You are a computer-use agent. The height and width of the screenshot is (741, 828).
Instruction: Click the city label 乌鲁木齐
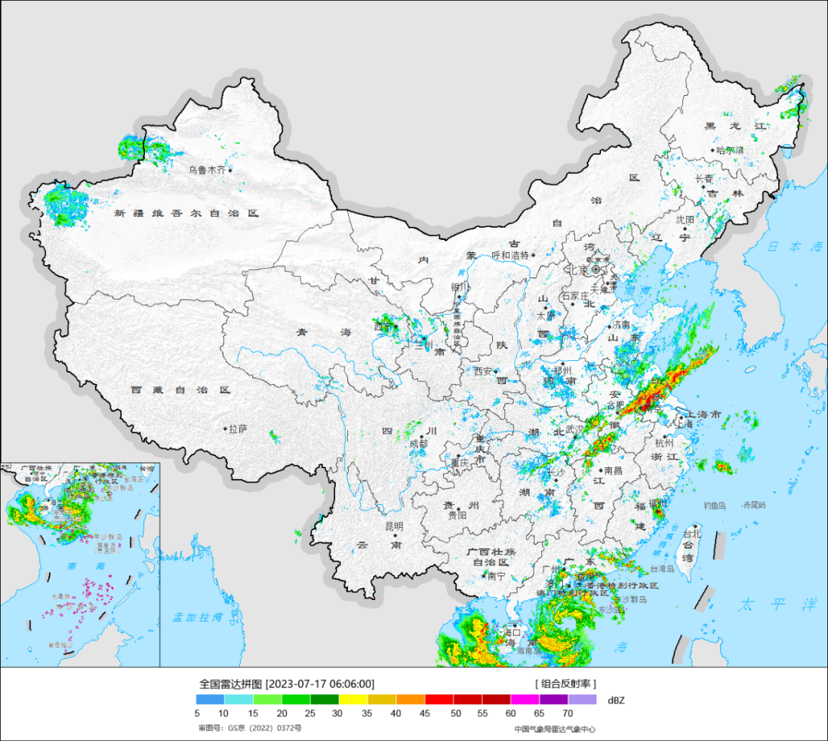click(x=207, y=170)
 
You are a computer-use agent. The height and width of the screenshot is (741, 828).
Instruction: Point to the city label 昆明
click(x=393, y=527)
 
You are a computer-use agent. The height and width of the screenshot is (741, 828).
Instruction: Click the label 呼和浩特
click(x=510, y=255)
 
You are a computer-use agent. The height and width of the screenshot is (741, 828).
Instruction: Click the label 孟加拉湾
click(x=196, y=617)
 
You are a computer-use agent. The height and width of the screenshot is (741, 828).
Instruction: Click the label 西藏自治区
click(x=180, y=389)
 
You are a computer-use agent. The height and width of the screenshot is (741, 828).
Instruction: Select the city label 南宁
click(x=496, y=576)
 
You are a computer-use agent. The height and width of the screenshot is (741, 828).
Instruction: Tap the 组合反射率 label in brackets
click(x=565, y=684)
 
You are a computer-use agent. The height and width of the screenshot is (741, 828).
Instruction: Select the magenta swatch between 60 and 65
click(x=525, y=700)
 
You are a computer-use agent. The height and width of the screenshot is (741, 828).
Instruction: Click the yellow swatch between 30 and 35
click(x=353, y=700)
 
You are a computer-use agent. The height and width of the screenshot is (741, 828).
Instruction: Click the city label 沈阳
click(x=685, y=220)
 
